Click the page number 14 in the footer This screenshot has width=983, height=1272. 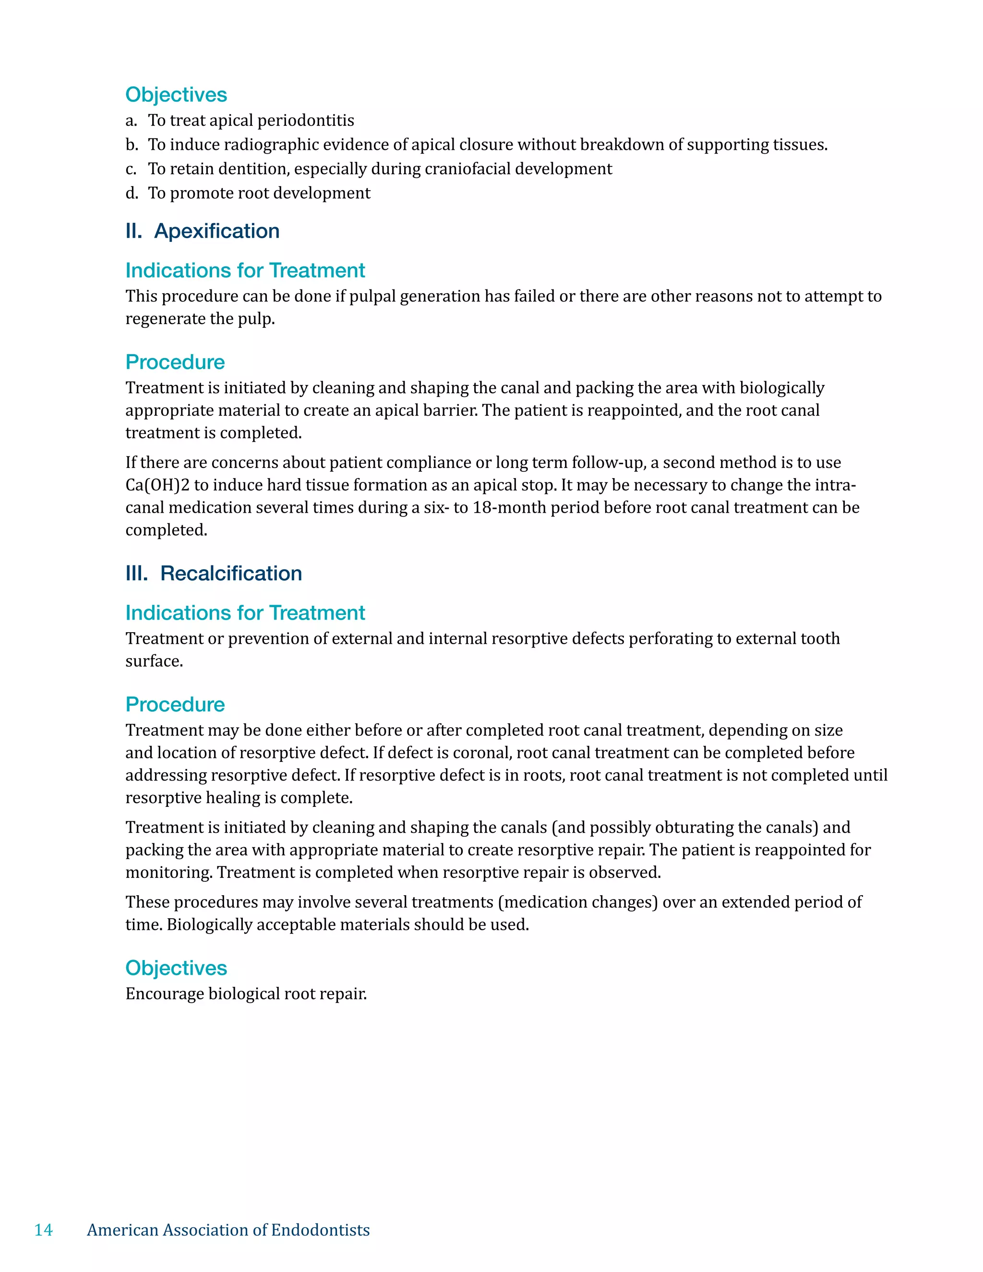[x=44, y=1229]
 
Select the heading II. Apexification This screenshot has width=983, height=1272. [x=202, y=231]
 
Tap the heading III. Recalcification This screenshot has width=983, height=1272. [x=214, y=573]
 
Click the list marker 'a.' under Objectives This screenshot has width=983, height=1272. [x=131, y=120]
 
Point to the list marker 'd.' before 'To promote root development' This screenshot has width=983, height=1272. [x=132, y=193]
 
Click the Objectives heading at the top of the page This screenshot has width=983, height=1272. [x=176, y=95]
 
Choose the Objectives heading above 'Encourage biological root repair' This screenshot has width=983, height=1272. [x=176, y=968]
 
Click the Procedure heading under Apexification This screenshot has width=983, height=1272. [x=175, y=362]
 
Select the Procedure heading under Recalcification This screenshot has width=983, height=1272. [x=175, y=705]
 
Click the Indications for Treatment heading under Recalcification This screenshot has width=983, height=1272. [x=245, y=613]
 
